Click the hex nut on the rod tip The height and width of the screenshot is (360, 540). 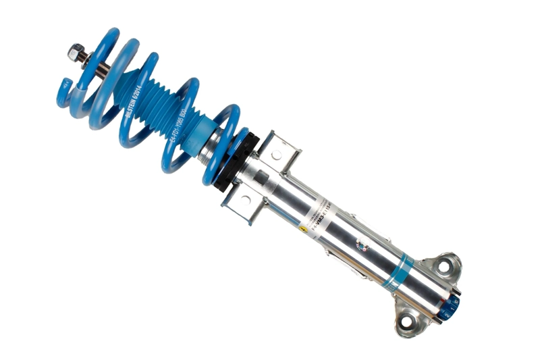click(x=75, y=51)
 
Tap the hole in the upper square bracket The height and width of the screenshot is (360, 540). click(x=276, y=155)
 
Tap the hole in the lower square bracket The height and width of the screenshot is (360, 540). click(x=245, y=199)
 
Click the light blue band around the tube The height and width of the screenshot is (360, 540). click(x=399, y=270)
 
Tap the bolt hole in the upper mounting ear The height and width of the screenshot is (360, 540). click(x=443, y=266)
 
